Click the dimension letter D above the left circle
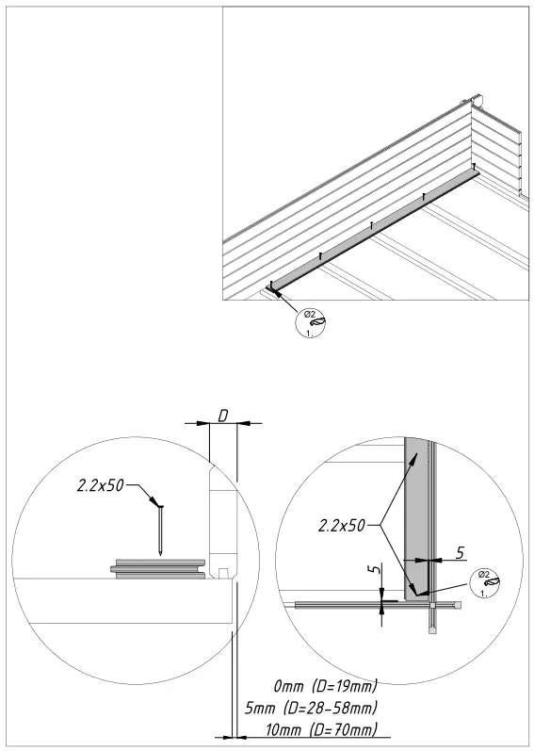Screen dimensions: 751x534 (x=222, y=416)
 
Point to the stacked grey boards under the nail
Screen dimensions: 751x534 (x=158, y=567)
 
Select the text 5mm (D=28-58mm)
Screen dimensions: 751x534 (x=310, y=708)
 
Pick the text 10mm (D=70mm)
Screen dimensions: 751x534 (x=322, y=730)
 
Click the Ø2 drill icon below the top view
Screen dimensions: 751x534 (x=313, y=323)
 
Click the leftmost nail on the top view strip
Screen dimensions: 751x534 (x=271, y=284)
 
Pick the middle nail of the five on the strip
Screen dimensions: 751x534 (x=372, y=225)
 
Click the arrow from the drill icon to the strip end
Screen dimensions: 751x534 (x=286, y=300)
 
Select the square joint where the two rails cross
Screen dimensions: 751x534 (x=431, y=603)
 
